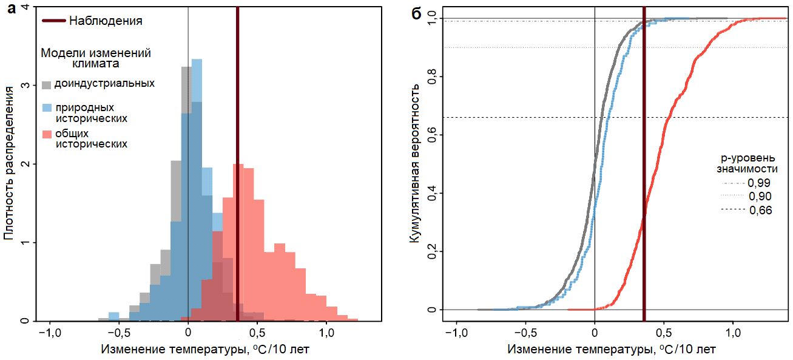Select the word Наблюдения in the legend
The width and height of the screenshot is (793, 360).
point(106,21)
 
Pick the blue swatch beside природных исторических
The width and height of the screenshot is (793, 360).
point(46,108)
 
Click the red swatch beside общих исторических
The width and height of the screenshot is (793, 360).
point(46,134)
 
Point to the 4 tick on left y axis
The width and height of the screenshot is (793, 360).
point(25,7)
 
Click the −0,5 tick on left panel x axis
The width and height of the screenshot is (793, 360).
point(118,333)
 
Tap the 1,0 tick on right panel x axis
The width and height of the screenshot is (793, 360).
point(733,333)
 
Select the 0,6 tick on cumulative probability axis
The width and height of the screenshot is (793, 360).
point(432,135)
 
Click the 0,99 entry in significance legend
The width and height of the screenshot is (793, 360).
point(760,183)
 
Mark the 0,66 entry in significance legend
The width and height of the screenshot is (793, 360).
point(760,210)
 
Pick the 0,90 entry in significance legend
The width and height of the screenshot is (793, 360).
point(760,197)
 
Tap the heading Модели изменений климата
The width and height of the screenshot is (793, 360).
point(96,58)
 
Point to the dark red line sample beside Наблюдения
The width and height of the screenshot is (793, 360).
point(53,21)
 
